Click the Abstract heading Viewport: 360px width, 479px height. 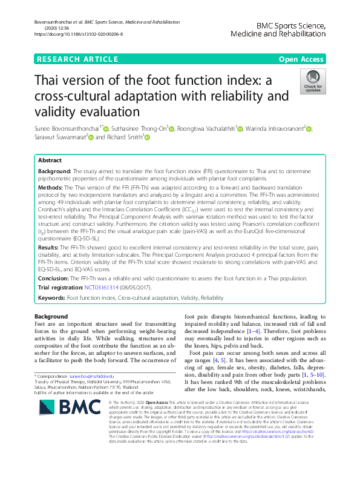(x=50, y=161)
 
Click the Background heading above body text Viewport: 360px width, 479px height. (x=51, y=316)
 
